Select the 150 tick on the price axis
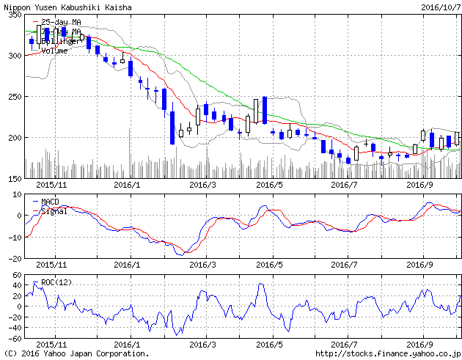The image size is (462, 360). (x=12, y=178)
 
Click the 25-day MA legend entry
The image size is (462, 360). (x=61, y=22)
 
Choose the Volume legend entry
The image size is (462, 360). (x=54, y=51)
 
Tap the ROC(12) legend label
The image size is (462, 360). (x=57, y=282)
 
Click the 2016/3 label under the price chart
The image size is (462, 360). (x=202, y=185)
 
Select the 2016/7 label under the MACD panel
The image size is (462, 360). (x=344, y=265)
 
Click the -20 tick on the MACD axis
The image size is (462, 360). (x=12, y=258)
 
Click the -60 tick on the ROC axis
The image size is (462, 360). (x=12, y=338)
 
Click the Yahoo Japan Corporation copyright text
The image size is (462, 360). (x=76, y=353)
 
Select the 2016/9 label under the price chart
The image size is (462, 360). (x=421, y=185)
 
